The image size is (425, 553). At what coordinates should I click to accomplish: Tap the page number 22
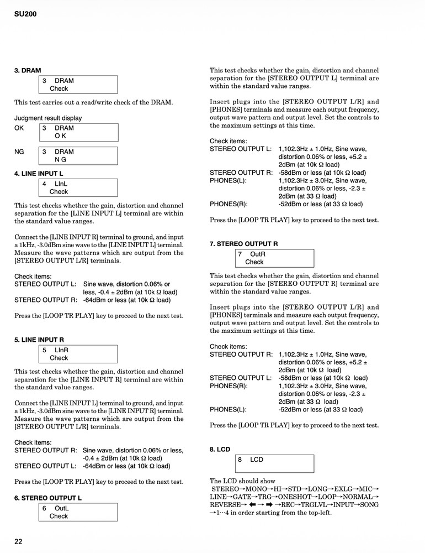[x=19, y=541]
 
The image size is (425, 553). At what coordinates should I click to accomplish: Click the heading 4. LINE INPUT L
[x=39, y=174]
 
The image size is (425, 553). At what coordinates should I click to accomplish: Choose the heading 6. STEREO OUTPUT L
[x=48, y=498]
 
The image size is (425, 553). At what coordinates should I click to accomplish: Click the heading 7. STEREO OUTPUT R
[x=243, y=243]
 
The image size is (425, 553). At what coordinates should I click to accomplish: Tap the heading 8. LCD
[x=220, y=450]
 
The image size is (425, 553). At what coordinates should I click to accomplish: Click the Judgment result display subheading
[x=48, y=118]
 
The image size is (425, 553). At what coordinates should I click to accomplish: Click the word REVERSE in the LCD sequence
[x=225, y=505]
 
